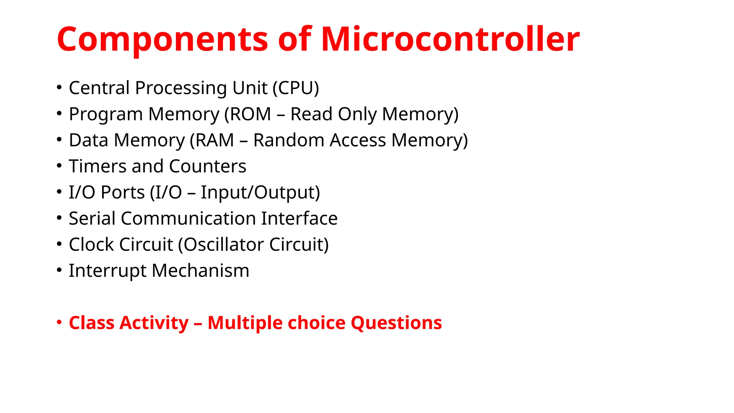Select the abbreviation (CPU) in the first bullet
296,88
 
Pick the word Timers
98,166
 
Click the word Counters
208,166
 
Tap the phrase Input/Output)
260,193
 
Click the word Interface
299,219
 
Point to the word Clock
91,245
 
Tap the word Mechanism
200,271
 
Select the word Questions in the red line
396,323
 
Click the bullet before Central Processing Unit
59,87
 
